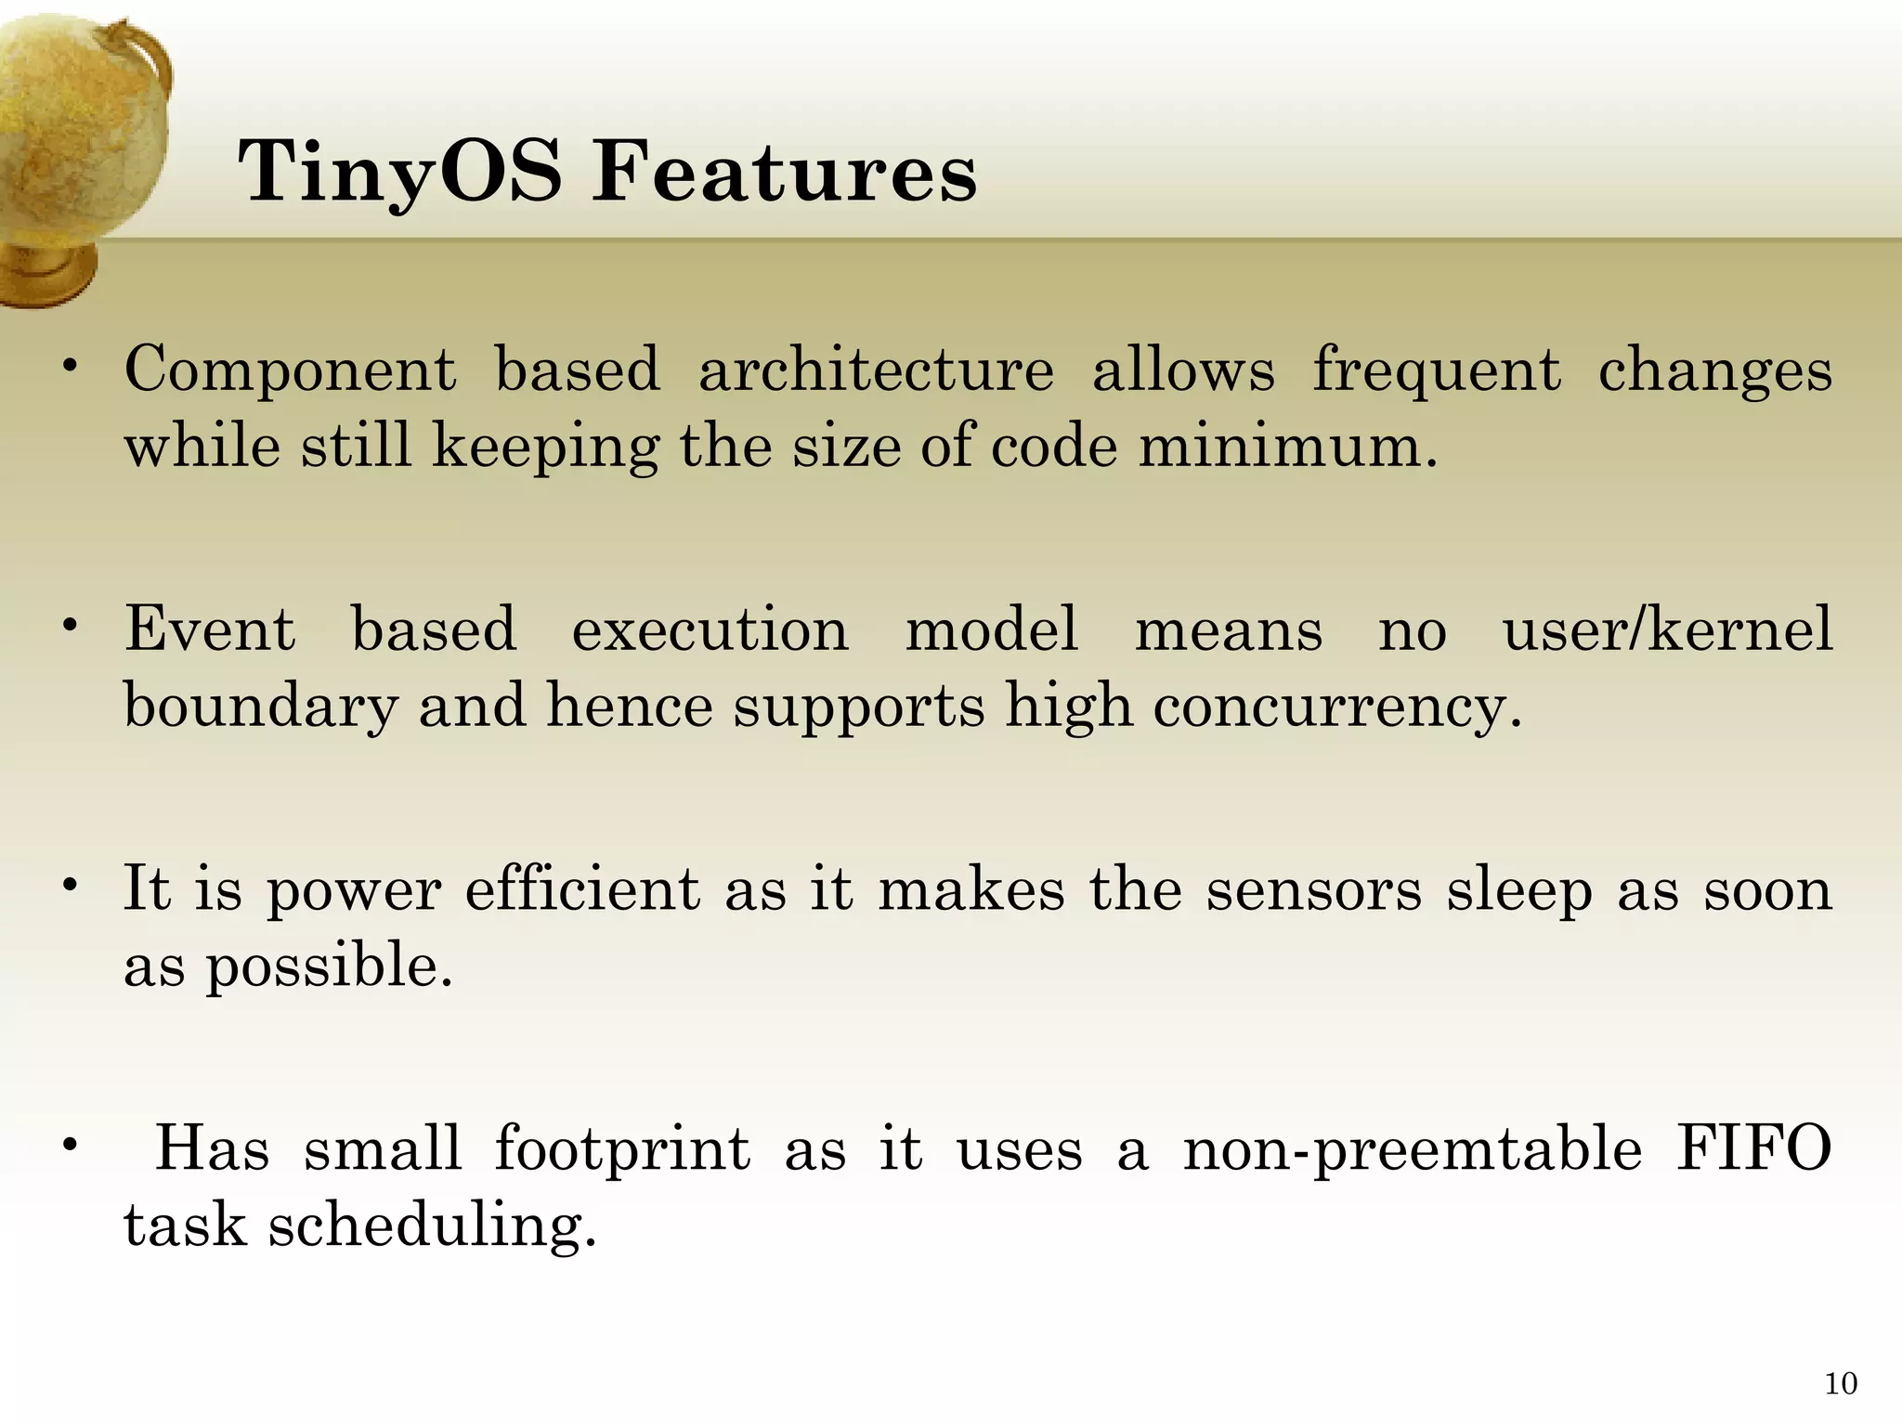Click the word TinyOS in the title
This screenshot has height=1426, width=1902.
[399, 173]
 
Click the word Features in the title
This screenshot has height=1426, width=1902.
[785, 173]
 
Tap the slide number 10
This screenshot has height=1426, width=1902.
[1840, 1384]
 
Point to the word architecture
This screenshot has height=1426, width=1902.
[876, 369]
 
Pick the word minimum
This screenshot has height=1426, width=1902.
[1287, 447]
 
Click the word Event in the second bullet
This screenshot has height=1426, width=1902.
[210, 629]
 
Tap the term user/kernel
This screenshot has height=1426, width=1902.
[1667, 629]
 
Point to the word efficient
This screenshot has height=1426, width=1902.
[582, 889]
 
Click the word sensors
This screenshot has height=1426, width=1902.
[1313, 889]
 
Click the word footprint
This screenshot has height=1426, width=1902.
[621, 1149]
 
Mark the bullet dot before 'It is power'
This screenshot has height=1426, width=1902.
[69, 887]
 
